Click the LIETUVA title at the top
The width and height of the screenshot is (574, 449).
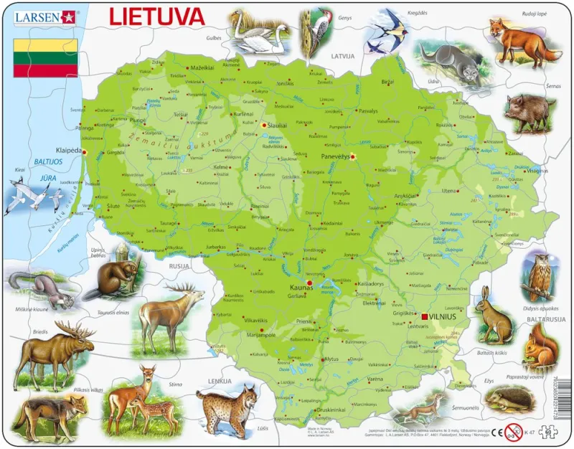(x=156, y=16)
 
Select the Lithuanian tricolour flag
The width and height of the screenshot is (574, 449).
(x=45, y=58)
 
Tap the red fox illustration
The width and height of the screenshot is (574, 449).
(x=524, y=42)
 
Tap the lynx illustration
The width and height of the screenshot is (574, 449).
(x=227, y=409)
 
